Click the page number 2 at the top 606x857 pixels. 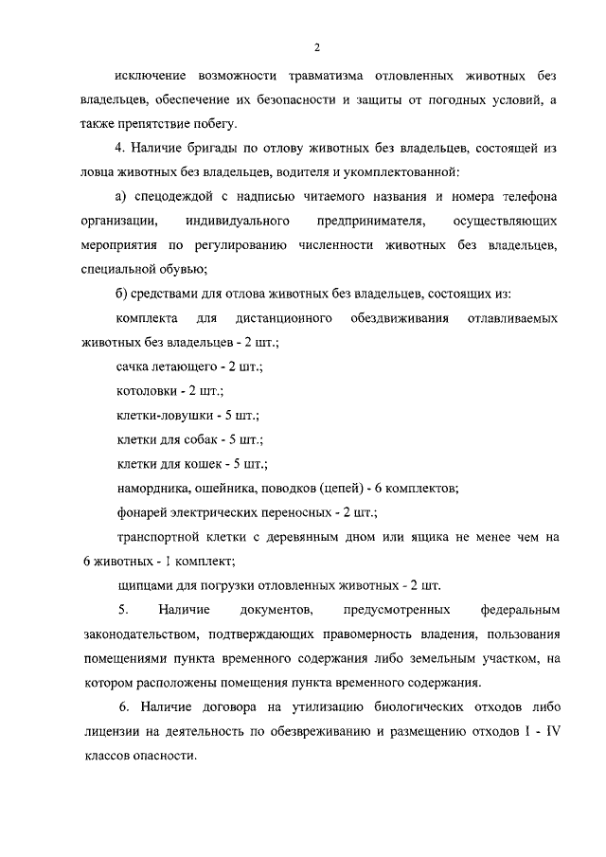tap(317, 46)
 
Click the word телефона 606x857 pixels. tap(520, 196)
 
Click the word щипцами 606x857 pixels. tap(146, 585)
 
